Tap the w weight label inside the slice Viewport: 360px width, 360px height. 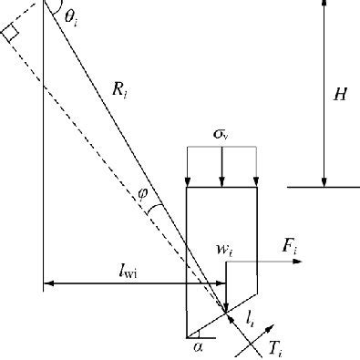click(x=222, y=249)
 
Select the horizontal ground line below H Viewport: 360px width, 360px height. click(x=323, y=187)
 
